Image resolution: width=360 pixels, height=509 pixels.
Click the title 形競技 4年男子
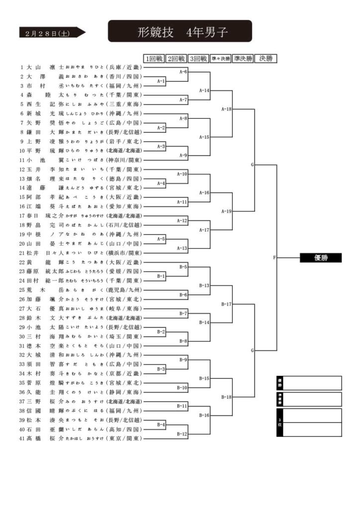(180, 32)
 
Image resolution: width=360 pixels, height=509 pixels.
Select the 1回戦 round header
(154, 59)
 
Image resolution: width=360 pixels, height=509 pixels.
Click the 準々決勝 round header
(220, 59)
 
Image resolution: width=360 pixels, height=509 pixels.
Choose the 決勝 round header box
(266, 59)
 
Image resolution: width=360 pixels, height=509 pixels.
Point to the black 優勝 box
(320, 257)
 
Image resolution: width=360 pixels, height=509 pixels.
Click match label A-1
(161, 81)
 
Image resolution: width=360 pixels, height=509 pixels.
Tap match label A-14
(204, 90)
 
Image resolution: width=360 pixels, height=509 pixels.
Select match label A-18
(226, 109)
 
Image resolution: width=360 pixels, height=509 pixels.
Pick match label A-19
(226, 211)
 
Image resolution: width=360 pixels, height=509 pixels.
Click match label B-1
(161, 275)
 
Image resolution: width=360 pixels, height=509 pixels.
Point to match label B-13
(204, 285)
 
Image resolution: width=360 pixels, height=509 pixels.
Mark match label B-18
(226, 397)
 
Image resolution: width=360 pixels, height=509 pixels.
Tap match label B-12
(182, 434)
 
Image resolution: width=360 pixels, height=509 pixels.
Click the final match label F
(274, 257)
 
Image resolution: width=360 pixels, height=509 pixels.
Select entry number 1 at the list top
(22, 67)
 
